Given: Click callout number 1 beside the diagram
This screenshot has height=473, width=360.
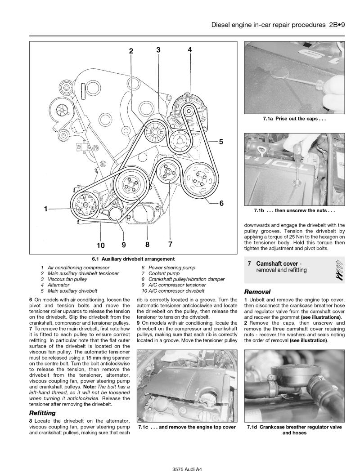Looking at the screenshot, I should pos(47,209).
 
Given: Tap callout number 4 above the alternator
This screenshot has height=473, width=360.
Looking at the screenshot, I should pos(190,50).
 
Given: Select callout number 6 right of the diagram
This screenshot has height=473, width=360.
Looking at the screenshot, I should pos(221,203).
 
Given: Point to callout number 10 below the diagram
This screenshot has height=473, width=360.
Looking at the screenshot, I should pos(100,245).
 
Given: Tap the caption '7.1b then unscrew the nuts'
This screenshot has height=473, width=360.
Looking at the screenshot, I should pos(294,210).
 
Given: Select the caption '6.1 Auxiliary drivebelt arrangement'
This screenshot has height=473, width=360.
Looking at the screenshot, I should pos(134,259).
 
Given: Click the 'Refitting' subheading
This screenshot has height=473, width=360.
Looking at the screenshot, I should pos(42,412).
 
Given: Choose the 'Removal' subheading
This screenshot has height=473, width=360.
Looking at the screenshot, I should pos(257,291).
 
